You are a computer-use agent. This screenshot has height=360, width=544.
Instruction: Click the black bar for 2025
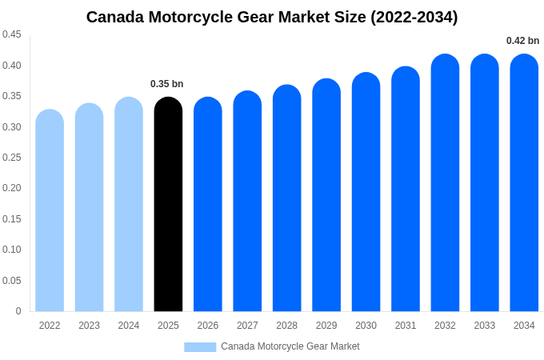168,205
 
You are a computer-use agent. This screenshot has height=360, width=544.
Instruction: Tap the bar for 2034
524,183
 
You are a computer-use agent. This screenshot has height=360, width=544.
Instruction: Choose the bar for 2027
247,202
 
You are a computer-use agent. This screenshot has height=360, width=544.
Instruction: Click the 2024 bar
129,205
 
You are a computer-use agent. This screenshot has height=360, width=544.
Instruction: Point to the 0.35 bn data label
166,84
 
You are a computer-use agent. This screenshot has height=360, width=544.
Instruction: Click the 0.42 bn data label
522,41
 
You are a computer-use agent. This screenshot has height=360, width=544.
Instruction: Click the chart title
272,17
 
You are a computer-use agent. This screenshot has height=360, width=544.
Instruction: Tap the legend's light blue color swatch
200,347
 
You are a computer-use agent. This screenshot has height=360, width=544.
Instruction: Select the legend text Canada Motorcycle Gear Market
290,346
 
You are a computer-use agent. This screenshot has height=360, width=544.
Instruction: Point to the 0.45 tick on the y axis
12,34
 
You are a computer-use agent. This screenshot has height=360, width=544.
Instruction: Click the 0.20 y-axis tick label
12,188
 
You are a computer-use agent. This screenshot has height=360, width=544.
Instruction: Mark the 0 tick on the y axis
18,311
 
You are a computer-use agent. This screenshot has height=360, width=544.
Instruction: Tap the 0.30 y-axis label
12,126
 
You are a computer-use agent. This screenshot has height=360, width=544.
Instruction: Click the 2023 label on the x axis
89,326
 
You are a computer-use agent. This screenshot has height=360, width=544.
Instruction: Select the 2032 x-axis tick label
445,326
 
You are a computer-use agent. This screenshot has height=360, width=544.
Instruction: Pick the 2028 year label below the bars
286,326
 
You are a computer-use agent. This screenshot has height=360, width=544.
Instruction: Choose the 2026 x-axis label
208,326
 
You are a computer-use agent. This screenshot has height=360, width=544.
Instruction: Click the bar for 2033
485,183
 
